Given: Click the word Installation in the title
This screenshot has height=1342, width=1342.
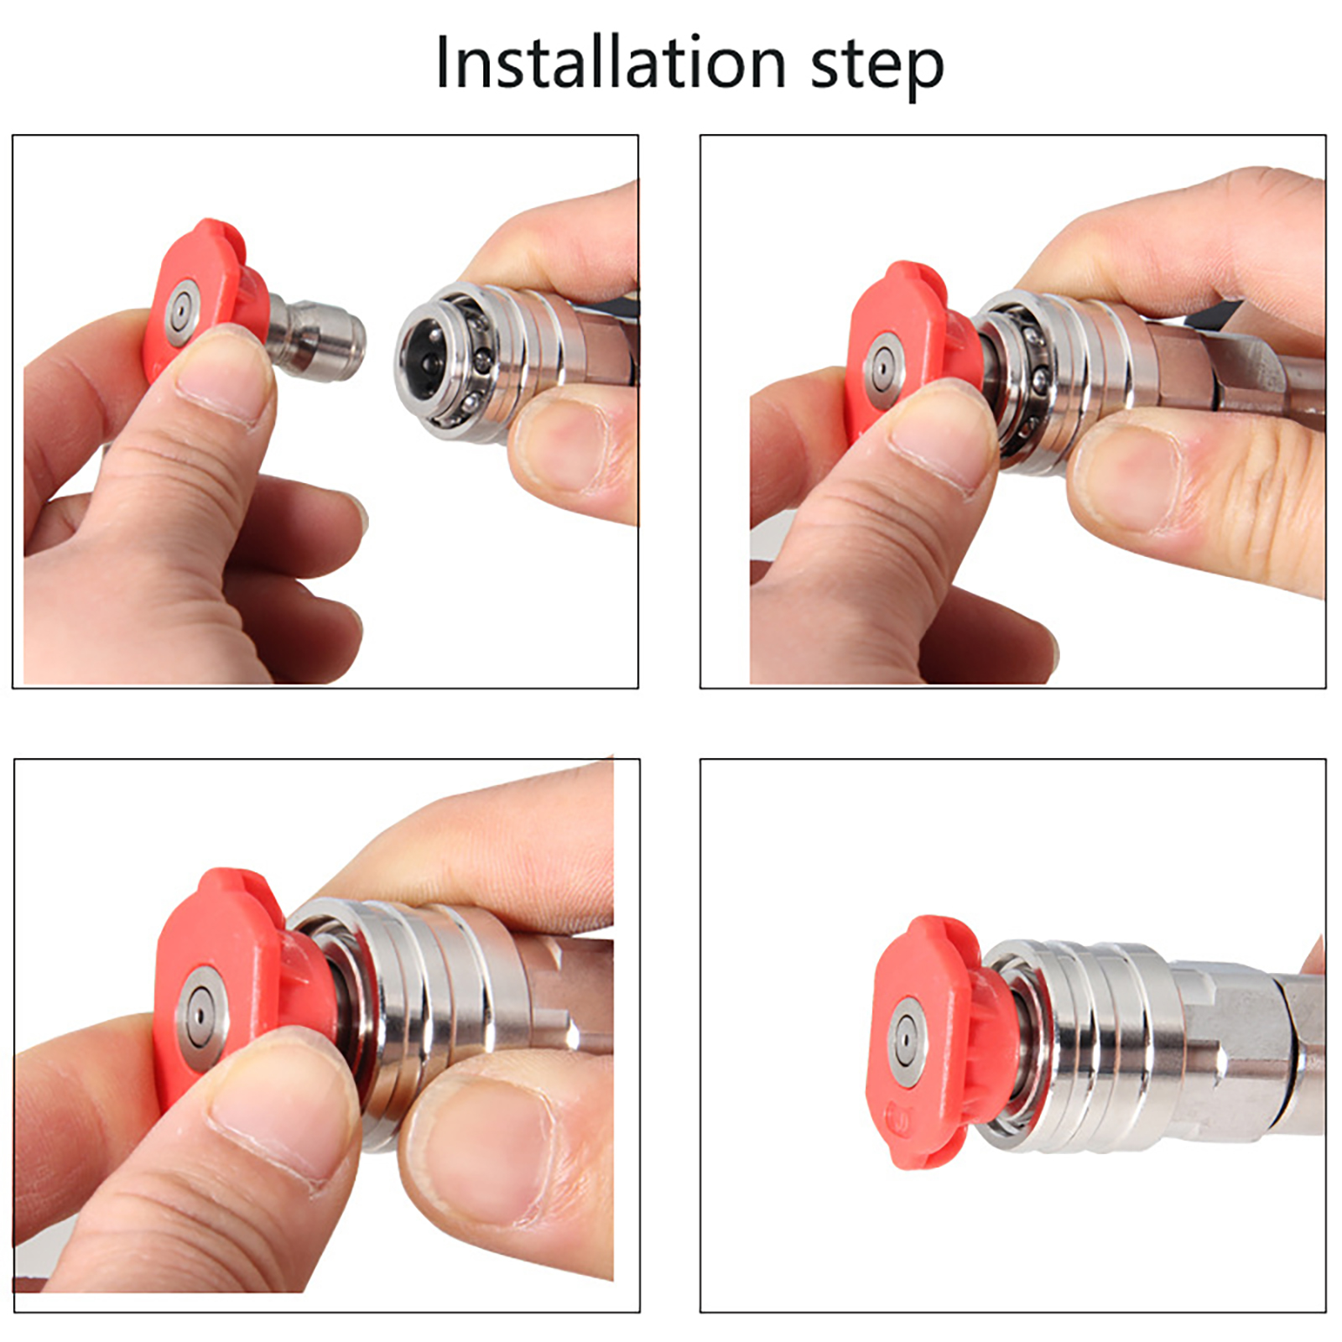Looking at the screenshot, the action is pyautogui.click(x=611, y=63).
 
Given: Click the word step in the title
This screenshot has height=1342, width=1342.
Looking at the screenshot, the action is pyautogui.click(x=876, y=67).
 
